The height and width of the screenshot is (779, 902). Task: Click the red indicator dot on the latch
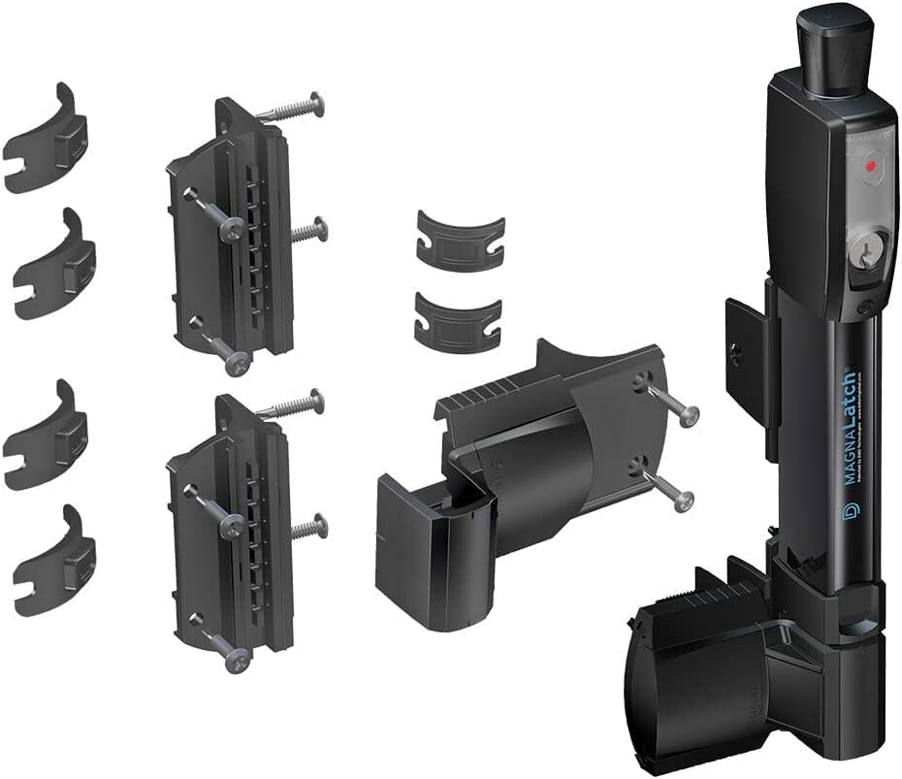click(870, 166)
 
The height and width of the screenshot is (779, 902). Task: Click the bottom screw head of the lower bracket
click(236, 663)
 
